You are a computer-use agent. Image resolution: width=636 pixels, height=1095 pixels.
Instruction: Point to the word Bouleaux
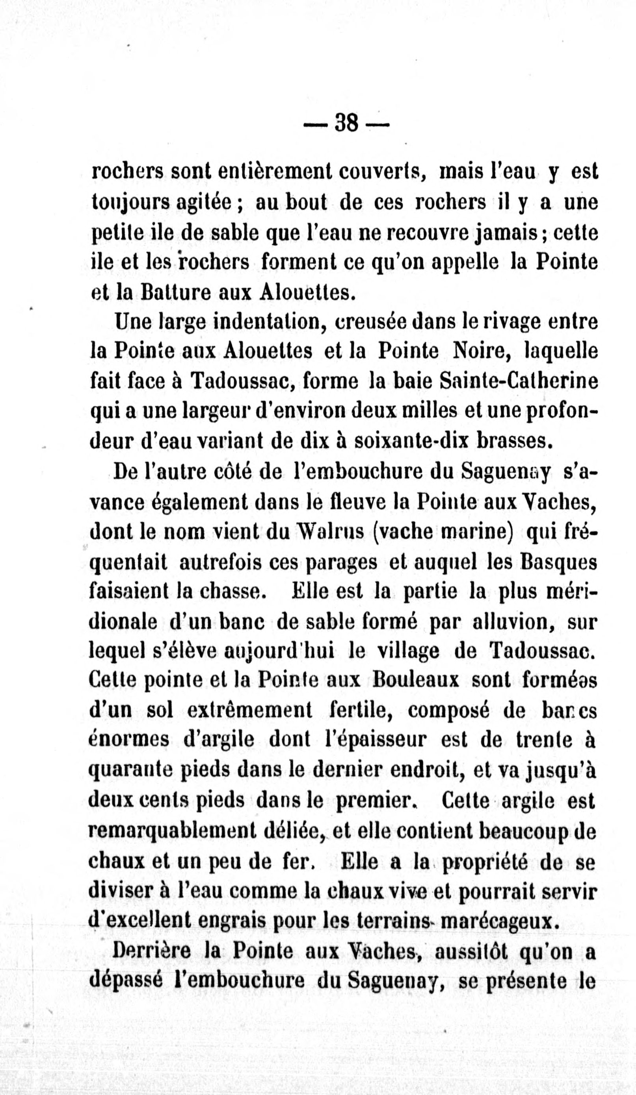pos(416,681)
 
